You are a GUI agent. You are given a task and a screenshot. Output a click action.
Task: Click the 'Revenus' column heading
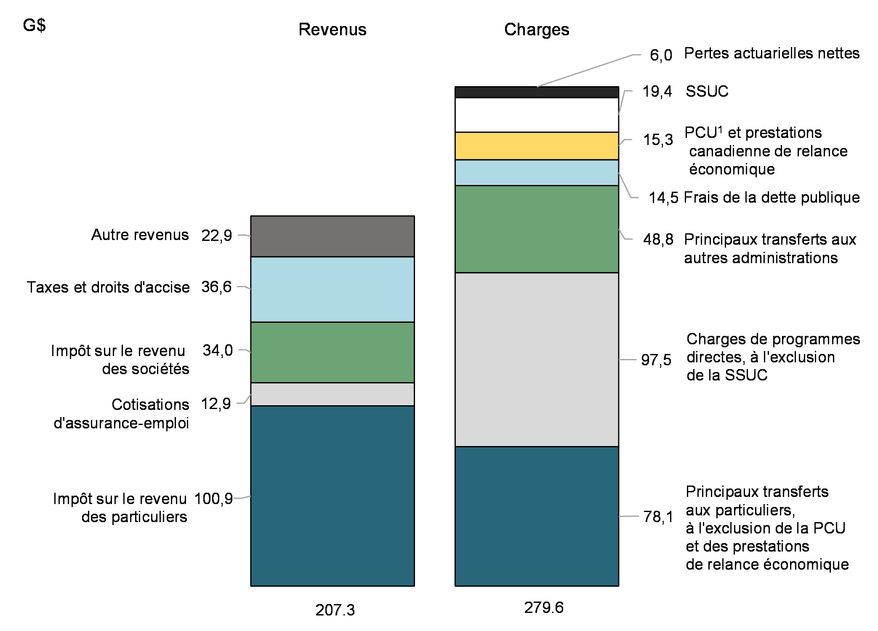(332, 29)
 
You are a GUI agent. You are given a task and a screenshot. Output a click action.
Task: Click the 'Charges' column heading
(537, 29)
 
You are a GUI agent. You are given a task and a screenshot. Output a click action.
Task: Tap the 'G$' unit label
(34, 26)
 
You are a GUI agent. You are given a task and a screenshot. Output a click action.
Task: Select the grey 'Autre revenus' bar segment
(332, 236)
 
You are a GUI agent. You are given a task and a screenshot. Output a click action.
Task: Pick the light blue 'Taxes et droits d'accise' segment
(332, 289)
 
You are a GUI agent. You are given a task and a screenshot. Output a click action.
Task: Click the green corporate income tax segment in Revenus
(332, 352)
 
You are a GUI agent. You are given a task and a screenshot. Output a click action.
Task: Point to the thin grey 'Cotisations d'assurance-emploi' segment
(332, 394)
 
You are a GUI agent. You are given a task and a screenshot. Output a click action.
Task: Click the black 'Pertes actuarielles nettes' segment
(537, 92)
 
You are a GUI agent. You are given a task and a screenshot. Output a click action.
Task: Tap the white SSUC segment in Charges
(537, 115)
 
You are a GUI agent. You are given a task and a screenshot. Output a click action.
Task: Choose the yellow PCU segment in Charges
(537, 146)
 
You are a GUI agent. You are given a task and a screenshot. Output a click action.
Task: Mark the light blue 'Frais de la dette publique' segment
(537, 173)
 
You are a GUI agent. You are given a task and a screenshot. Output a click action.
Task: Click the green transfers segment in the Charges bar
(537, 229)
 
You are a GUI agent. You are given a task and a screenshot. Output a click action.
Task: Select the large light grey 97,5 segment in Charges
(537, 359)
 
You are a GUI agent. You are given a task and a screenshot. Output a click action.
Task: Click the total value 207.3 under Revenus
(335, 610)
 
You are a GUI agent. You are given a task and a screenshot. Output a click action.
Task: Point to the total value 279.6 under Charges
(543, 607)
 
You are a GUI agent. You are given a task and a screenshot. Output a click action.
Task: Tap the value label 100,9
(213, 499)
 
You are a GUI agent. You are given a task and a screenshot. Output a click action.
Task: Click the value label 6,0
(661, 55)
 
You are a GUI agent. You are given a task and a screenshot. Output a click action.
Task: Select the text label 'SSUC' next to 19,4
(707, 91)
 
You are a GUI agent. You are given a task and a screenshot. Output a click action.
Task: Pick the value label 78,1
(658, 517)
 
